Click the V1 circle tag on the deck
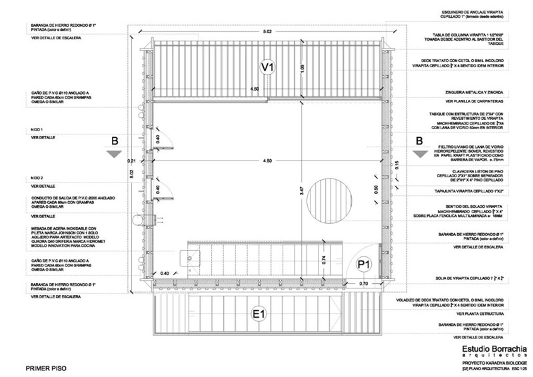pyautogui.click(x=267, y=67)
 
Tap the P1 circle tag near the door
pyautogui.click(x=364, y=264)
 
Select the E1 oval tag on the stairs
pyautogui.click(x=259, y=314)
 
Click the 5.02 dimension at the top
pyautogui.click(x=267, y=32)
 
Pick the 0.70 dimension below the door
pyautogui.click(x=364, y=284)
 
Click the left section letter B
pyautogui.click(x=116, y=141)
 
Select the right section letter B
pyautogui.click(x=419, y=141)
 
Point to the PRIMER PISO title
pyautogui.click(x=45, y=367)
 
